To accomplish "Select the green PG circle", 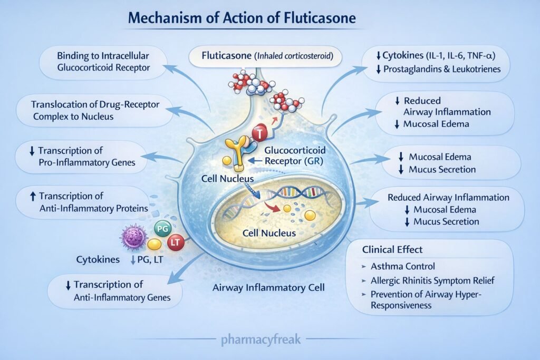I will click(x=161, y=229).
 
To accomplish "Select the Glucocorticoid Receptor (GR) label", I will click(x=292, y=156).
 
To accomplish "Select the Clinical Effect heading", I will click(x=393, y=249).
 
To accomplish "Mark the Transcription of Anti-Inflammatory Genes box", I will click(x=116, y=290).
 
